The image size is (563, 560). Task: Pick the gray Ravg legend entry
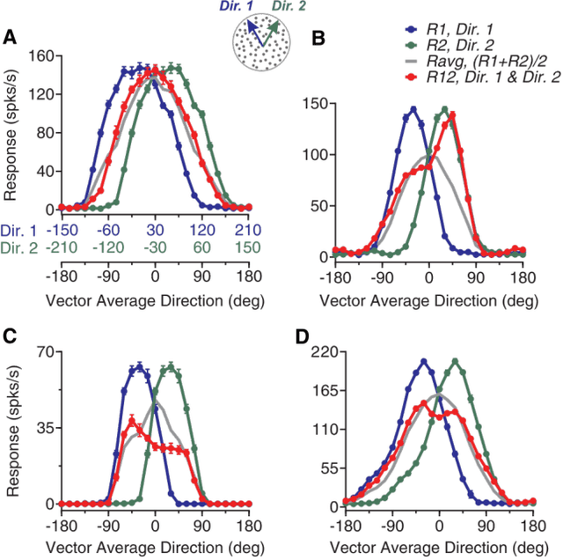(x=458, y=65)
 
